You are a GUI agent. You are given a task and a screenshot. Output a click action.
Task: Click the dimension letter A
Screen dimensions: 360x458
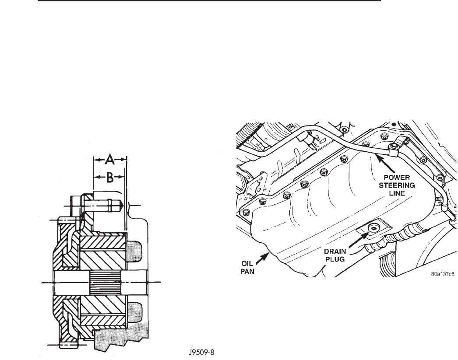pos(110,161)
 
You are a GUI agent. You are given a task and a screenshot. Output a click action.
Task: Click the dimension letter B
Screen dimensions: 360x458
pos(110,177)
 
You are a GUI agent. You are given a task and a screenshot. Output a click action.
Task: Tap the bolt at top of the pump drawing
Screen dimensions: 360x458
pos(99,203)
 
